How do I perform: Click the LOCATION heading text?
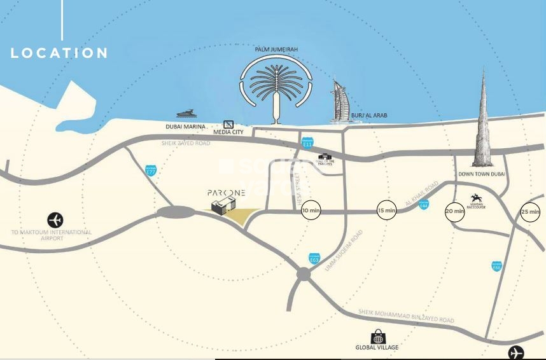[x=59, y=53]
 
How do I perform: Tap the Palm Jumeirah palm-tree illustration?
[x=276, y=85]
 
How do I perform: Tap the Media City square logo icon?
[x=229, y=125]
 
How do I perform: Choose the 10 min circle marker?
[x=311, y=210]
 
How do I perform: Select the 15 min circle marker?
[x=386, y=210]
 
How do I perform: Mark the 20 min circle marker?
[x=455, y=211]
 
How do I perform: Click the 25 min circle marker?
[x=530, y=211]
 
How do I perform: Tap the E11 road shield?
[x=308, y=143]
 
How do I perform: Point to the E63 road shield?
[x=314, y=258]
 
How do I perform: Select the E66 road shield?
[x=497, y=266]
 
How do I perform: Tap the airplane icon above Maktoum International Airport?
[x=55, y=220]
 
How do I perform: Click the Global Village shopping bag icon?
[x=378, y=337]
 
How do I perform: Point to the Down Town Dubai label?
[x=482, y=174]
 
